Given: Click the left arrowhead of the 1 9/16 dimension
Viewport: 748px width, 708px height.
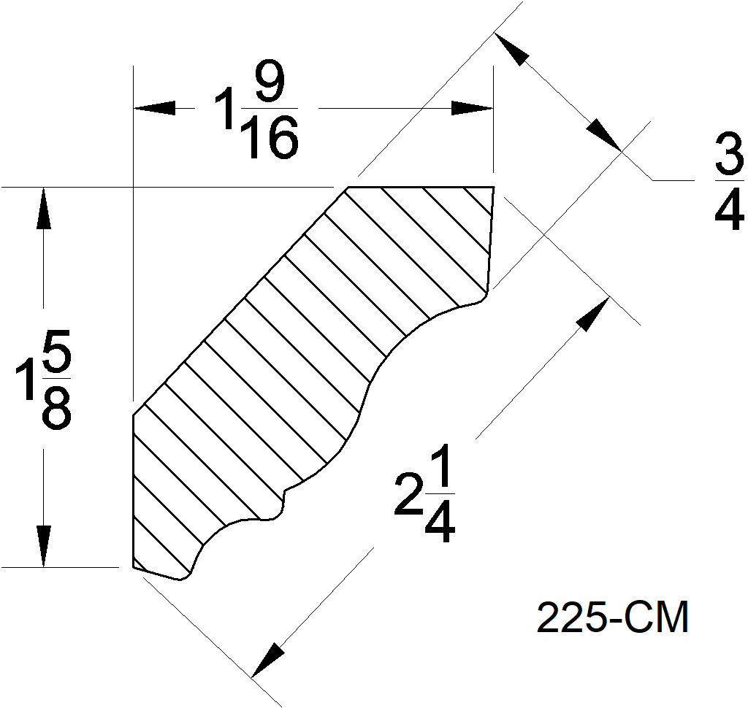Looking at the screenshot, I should (154, 108).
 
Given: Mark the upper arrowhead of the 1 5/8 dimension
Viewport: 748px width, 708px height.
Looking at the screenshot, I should (44, 209).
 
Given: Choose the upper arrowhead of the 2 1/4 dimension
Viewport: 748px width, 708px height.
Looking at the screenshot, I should (593, 312).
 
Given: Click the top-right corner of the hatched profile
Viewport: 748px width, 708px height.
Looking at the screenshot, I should (494, 188).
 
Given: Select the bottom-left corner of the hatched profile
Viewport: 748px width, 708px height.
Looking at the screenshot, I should (133, 566).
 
